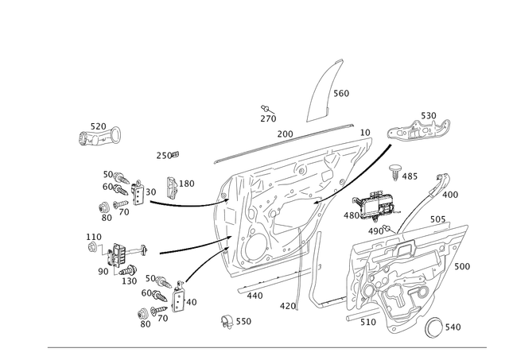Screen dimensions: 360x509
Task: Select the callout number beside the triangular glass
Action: coord(344,94)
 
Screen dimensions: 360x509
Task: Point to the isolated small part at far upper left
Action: coord(99,135)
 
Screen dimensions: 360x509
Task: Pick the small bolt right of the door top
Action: coord(394,170)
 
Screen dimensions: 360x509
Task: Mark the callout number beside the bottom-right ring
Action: coord(453,326)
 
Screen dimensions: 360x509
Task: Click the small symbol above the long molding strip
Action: coord(266,116)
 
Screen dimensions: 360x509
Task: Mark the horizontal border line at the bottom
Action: coord(270,346)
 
